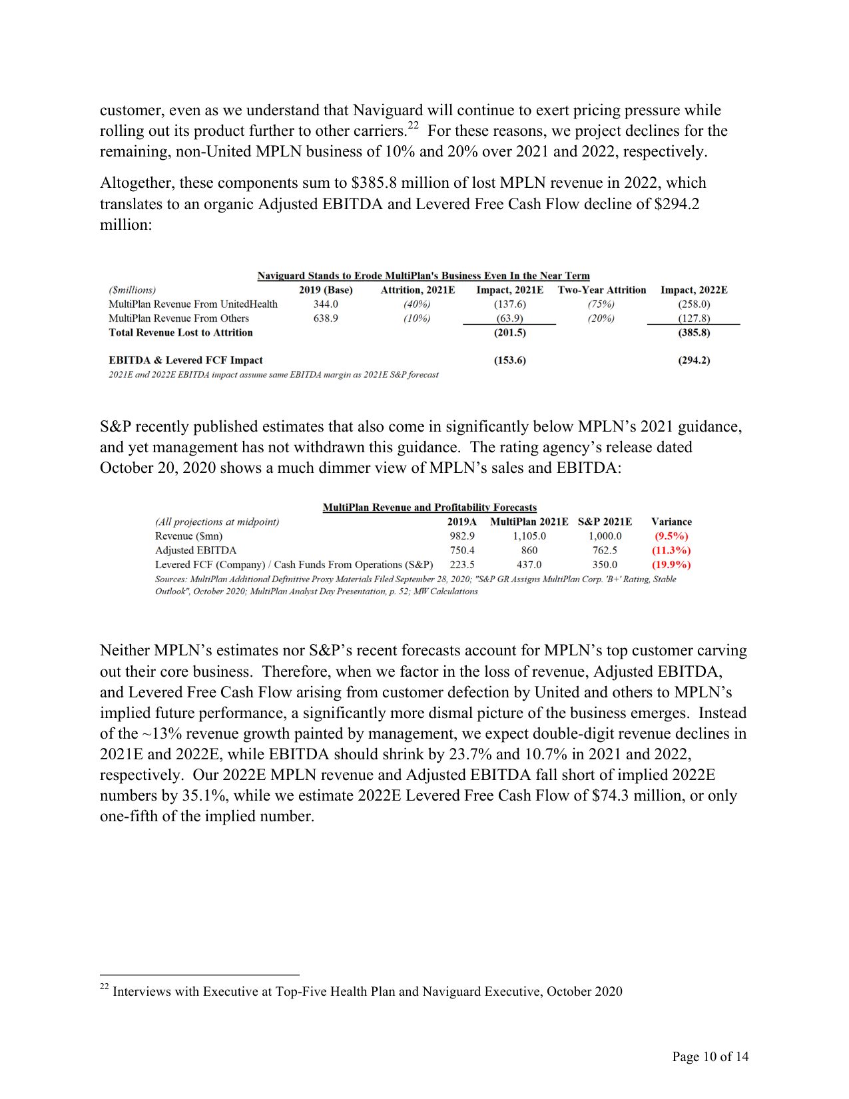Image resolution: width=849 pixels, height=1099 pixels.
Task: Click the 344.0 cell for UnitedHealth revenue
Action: coord(326,304)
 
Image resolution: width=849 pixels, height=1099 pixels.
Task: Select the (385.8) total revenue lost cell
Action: coord(694,332)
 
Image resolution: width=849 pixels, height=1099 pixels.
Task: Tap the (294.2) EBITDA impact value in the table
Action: coord(694,360)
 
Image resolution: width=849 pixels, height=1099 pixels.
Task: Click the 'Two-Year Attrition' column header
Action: coord(602,290)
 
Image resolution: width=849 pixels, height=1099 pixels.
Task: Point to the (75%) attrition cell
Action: coord(601,304)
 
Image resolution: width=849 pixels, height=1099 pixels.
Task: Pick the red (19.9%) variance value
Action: coord(671,565)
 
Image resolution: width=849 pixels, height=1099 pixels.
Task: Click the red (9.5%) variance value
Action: coord(671,536)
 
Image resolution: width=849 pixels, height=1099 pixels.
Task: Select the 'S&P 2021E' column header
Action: coord(605,522)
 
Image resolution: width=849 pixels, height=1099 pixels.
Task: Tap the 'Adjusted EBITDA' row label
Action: coord(196,550)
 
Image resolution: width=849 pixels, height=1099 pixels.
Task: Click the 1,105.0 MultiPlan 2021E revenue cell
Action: coord(529,536)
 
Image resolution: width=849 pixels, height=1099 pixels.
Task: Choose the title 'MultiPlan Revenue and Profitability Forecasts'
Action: coord(429,508)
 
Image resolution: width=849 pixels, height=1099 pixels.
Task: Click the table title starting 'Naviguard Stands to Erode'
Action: coord(424,276)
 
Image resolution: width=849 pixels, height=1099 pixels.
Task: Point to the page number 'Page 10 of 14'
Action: coord(710,1056)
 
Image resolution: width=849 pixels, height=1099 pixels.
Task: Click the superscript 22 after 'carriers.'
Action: coord(413,125)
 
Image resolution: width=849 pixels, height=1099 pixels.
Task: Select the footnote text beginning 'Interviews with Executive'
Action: coord(368,992)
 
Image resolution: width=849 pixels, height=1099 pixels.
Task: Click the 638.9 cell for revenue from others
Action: coord(326,318)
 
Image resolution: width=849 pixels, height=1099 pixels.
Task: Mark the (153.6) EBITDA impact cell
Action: coord(509,360)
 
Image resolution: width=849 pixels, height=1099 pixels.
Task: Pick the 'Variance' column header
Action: coord(671,522)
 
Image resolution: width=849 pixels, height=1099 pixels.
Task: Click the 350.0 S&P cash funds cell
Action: coord(605,565)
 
